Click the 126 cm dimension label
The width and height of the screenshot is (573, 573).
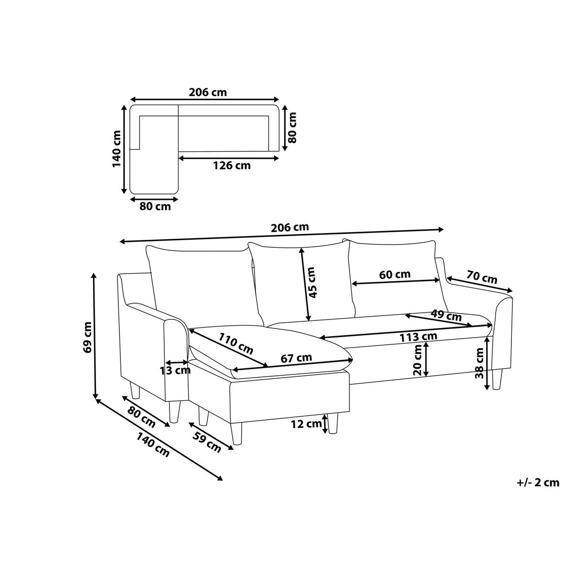[x=232, y=166]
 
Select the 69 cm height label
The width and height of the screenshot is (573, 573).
[x=88, y=337]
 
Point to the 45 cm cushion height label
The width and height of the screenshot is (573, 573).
[x=312, y=283]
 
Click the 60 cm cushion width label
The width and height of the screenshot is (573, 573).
[x=394, y=274]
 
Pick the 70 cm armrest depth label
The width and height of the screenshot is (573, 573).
[x=482, y=277]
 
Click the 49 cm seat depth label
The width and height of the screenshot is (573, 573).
[x=446, y=315]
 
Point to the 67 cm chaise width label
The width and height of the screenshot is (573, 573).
[x=297, y=358]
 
